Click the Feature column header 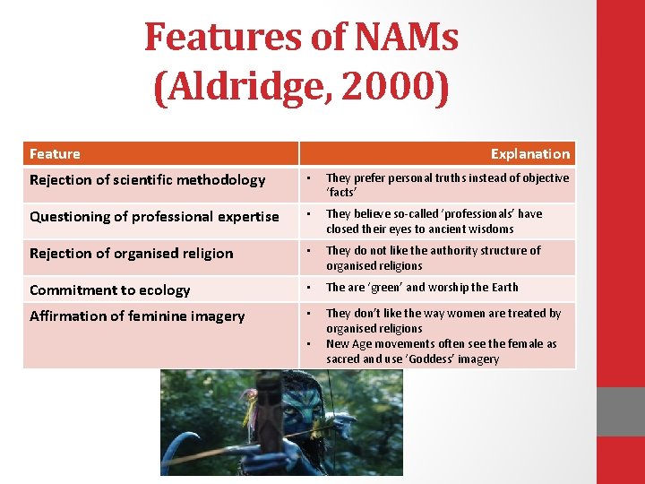(x=55, y=154)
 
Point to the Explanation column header (x=529, y=154)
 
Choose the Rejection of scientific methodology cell (x=147, y=180)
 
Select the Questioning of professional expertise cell (x=154, y=217)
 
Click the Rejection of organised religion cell (x=131, y=254)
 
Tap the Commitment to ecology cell (x=109, y=290)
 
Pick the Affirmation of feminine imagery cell (x=136, y=316)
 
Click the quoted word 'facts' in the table (x=342, y=193)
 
